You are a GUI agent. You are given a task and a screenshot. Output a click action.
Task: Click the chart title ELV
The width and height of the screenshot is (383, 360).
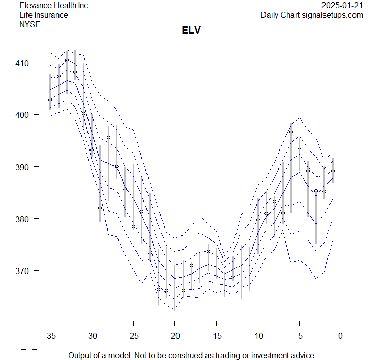tap(191, 31)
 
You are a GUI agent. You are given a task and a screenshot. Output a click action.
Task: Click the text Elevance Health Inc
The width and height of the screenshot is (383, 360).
tap(53, 6)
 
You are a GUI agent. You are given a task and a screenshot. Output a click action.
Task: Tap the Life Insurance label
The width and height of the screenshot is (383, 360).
tap(44, 15)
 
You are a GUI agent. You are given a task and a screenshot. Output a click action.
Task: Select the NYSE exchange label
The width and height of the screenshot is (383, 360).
tap(30, 24)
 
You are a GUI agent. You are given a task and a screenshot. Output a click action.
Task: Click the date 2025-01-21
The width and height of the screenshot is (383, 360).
tap(342, 6)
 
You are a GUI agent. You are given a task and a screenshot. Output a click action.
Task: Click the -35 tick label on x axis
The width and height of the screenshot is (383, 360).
tap(50, 335)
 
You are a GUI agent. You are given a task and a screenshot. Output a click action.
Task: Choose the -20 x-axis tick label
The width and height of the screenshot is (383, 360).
tap(174, 335)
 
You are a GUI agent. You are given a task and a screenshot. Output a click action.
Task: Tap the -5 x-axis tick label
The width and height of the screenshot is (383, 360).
tap(299, 335)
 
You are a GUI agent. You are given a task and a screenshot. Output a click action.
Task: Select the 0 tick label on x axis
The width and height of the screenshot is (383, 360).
tap(340, 335)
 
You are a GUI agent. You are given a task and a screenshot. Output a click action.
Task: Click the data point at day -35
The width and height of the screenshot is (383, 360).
tap(50, 100)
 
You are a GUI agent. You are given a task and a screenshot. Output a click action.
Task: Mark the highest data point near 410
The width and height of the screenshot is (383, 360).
tap(67, 61)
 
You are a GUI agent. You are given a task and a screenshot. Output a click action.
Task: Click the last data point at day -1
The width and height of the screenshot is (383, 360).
tap(333, 171)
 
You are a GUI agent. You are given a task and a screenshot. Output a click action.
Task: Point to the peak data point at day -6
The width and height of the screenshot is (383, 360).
tap(291, 132)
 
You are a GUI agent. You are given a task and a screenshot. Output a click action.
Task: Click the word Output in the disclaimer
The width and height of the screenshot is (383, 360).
tap(80, 355)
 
